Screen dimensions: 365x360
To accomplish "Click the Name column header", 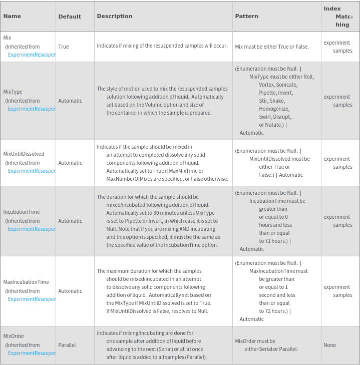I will coord(12,16).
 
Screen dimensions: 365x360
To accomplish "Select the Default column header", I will coord(70,17).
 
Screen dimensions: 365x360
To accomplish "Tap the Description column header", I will coord(115,16).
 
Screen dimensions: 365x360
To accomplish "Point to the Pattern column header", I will coord(246,16).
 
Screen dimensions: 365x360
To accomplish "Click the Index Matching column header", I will coord(339,17).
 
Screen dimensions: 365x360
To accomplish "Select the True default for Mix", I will coord(64,47).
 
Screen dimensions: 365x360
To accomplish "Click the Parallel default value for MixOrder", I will coord(67,345).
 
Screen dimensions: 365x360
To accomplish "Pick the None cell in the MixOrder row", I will coord(329,345).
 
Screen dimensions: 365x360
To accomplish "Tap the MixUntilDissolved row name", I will coord(24,154).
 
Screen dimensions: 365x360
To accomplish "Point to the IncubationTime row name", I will coord(22,212).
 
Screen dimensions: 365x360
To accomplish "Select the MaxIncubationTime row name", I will coord(26,282).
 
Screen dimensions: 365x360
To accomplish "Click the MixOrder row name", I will coord(14,336).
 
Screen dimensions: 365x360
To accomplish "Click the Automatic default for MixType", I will coord(70,101).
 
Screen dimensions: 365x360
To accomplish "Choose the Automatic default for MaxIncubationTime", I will coord(70,291).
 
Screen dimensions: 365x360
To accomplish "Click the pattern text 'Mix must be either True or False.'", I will coord(272,47).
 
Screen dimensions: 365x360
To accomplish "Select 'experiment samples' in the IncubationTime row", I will coord(338,221).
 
